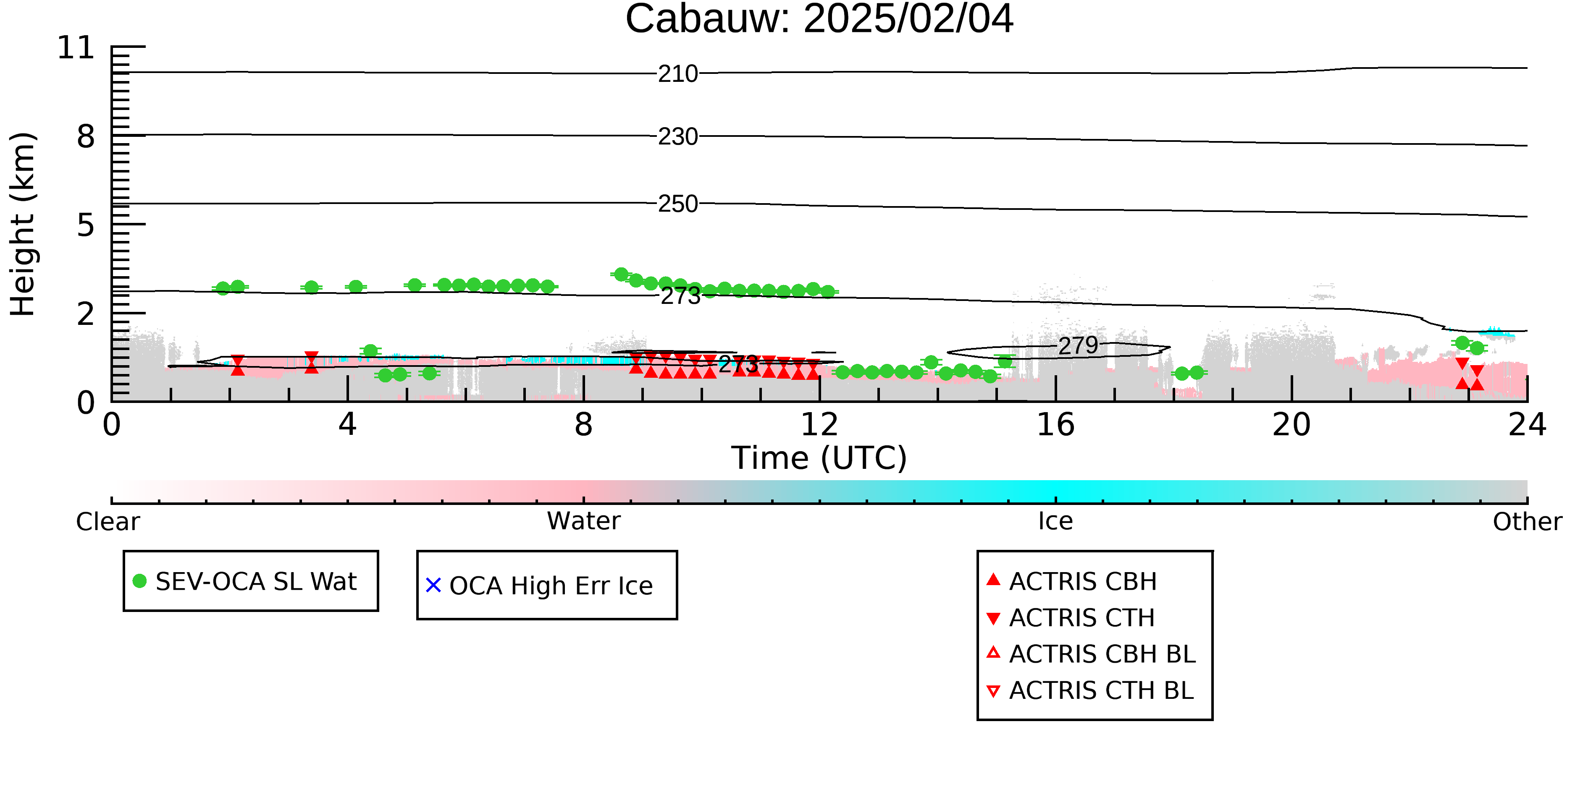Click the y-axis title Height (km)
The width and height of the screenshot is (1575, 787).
tap(23, 224)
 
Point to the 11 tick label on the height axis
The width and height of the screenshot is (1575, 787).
tap(76, 48)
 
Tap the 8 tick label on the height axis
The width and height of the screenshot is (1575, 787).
tap(86, 136)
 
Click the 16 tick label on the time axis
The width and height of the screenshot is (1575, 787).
tap(1055, 425)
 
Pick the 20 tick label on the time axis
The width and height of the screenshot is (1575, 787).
tap(1291, 425)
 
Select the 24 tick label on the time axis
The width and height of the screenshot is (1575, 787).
tap(1527, 425)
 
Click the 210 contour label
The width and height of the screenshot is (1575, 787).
tap(678, 74)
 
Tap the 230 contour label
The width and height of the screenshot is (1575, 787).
tap(678, 137)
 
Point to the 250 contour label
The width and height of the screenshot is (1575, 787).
tap(678, 204)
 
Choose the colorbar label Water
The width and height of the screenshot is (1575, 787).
tap(584, 521)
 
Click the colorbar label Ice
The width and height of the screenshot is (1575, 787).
tap(1055, 521)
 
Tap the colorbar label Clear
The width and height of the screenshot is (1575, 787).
tap(108, 522)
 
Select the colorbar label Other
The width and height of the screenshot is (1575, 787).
tap(1527, 522)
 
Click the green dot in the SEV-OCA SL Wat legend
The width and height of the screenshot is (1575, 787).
tap(139, 581)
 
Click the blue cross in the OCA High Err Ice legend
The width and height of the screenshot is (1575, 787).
tap(433, 586)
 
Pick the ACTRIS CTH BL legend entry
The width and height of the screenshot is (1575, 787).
tap(1090, 690)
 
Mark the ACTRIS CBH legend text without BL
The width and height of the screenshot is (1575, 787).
tap(1083, 582)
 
